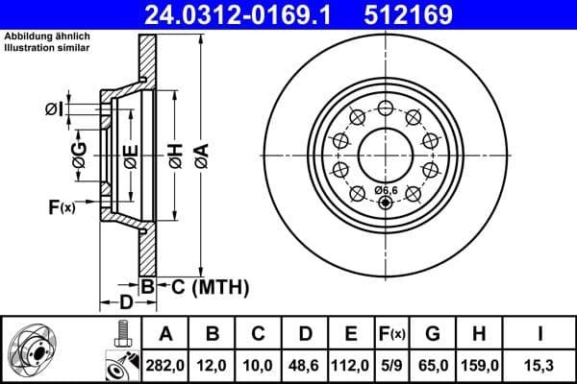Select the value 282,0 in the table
(165, 364)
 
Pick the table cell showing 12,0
(213, 364)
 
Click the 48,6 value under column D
(305, 364)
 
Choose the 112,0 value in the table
(351, 364)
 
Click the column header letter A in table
(165, 334)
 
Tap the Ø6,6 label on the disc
(386, 189)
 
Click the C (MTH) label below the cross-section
(204, 286)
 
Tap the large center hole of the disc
(386, 153)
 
